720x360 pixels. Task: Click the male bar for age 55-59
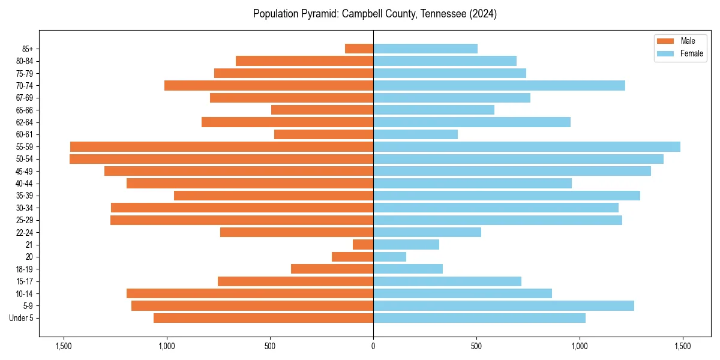tap(221, 146)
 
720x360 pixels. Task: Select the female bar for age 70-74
tap(499, 85)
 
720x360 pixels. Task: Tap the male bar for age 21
tap(363, 244)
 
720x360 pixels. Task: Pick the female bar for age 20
tap(389, 257)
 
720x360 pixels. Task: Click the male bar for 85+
tap(359, 49)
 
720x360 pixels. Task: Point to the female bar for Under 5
tap(479, 318)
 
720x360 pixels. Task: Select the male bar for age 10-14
tap(250, 293)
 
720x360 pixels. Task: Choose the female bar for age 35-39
tap(506, 196)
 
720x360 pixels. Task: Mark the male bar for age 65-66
tap(322, 110)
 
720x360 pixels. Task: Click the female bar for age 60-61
tap(415, 134)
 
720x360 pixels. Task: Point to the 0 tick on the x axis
tap(373, 346)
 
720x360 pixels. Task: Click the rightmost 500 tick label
tap(476, 346)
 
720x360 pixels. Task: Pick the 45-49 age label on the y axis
tap(25, 171)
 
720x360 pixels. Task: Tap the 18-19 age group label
tap(25, 269)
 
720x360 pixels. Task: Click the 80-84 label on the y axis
tap(25, 61)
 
